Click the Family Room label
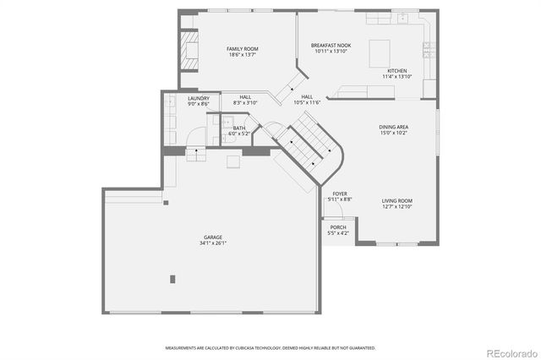click(x=242, y=49)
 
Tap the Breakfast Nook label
click(x=331, y=46)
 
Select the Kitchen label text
click(x=397, y=71)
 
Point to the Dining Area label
click(x=393, y=127)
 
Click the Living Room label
click(x=396, y=200)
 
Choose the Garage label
click(x=212, y=237)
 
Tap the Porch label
click(x=338, y=227)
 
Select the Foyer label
click(x=340, y=194)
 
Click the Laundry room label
click(x=199, y=98)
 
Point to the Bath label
click(x=239, y=128)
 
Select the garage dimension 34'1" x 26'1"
click(x=212, y=243)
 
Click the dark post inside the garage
click(x=172, y=278)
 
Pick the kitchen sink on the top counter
click(x=404, y=18)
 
